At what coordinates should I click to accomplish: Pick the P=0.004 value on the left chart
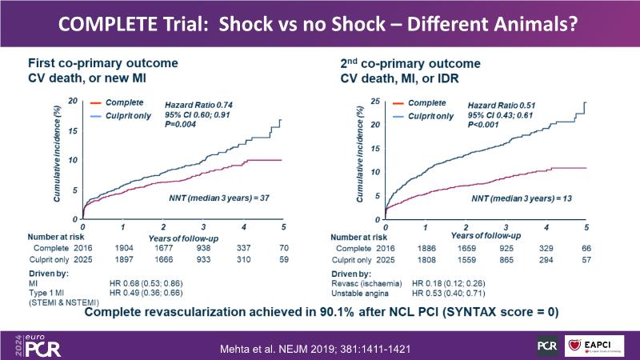pos(182,123)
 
